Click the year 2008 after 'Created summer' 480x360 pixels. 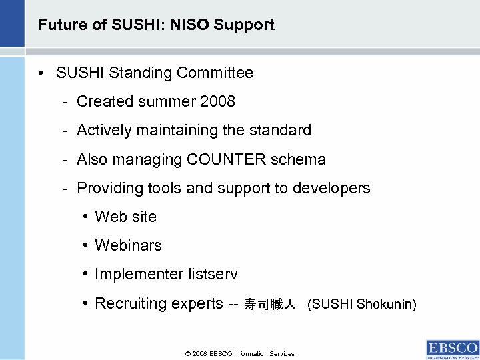click(x=218, y=102)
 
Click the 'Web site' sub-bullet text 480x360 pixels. click(x=126, y=217)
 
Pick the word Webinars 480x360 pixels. click(x=129, y=245)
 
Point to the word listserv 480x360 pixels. click(x=213, y=274)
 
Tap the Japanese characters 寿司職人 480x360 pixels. click(x=269, y=305)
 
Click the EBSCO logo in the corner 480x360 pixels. click(x=452, y=349)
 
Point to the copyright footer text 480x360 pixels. click(x=239, y=354)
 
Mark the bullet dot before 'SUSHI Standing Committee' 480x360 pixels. click(x=41, y=73)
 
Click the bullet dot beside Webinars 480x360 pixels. click(x=87, y=245)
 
